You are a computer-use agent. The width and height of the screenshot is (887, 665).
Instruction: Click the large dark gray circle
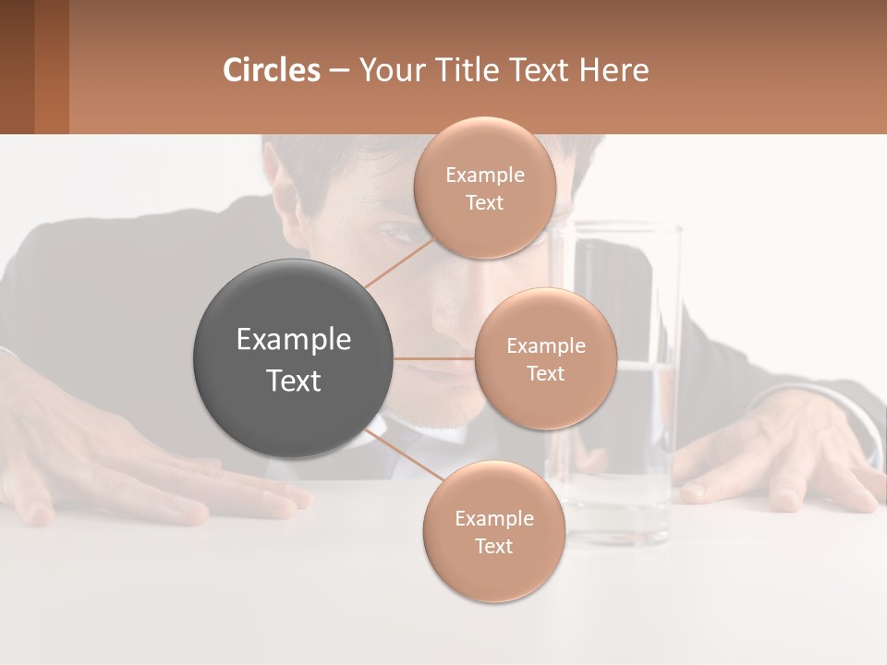pos(294,358)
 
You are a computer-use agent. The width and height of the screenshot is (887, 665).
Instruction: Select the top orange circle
pos(485,187)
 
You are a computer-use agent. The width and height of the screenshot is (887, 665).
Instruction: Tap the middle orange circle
pos(545,358)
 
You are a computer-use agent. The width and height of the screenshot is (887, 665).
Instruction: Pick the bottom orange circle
pos(493,531)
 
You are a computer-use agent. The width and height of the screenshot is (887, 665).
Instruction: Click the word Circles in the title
pos(271,70)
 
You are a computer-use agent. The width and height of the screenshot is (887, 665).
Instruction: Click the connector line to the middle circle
pos(434,358)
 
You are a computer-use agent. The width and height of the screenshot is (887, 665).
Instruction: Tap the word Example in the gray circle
pos(294,340)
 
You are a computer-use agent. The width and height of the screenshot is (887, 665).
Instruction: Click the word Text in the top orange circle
pos(485,202)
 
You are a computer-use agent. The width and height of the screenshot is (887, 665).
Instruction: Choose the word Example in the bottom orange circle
pos(493,518)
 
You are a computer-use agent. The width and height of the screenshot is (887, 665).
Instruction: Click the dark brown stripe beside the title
pos(17,66)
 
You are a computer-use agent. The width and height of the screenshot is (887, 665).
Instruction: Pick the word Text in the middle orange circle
pos(545,373)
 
